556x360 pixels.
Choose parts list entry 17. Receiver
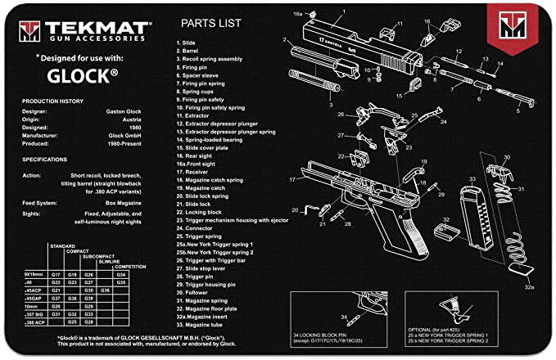[x=197, y=173]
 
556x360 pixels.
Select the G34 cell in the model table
[x=121, y=274]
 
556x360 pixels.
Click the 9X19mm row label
[x=34, y=274]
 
